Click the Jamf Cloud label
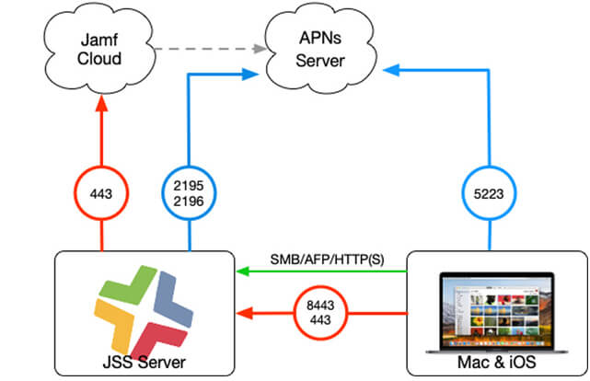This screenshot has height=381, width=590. pos(99,50)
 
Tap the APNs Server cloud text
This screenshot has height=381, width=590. pos(320,50)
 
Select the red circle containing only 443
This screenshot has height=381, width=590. pos(101,193)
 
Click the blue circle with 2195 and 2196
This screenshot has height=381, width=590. pos(189,193)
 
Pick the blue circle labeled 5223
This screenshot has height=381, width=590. pos(489,193)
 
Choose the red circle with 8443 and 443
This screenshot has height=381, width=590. pos(320,313)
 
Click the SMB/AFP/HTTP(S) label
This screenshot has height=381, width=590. pos(327,260)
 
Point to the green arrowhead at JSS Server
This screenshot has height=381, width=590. pos(243,271)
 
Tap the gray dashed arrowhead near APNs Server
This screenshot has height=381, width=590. pos(260,49)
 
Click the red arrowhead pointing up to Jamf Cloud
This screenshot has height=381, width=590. pos(101,103)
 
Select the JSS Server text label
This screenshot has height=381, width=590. pos(145,363)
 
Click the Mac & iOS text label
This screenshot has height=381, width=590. pos(497,363)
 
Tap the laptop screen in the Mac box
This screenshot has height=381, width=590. pos(497,310)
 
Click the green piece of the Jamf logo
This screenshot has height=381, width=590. pos(128,284)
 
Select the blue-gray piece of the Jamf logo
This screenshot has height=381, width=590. pos(173,300)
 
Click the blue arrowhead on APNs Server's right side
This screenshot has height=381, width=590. pos(391,70)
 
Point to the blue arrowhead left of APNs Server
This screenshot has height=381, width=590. pos(249,75)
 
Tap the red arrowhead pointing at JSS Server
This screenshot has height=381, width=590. pos(245,313)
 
